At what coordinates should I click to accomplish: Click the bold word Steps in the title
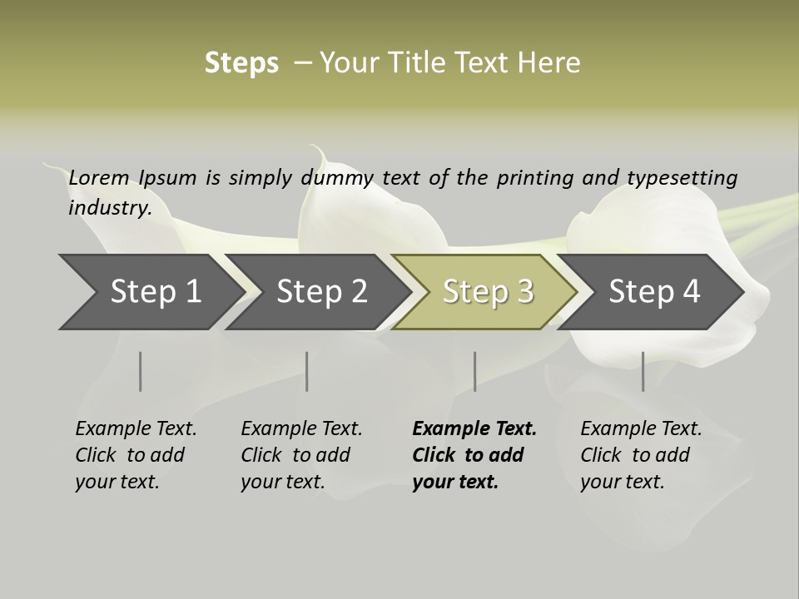click(x=241, y=63)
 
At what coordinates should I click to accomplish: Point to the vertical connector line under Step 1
click(x=141, y=371)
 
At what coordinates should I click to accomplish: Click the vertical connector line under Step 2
click(x=307, y=371)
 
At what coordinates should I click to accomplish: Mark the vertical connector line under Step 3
click(x=474, y=371)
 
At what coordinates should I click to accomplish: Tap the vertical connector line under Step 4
click(x=643, y=371)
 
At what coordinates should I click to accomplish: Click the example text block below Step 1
click(x=136, y=455)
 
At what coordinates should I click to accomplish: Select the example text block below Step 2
click(x=301, y=455)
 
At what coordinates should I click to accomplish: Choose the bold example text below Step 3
click(x=474, y=455)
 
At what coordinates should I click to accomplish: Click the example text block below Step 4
click(x=641, y=455)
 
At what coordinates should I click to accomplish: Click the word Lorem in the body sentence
click(x=99, y=177)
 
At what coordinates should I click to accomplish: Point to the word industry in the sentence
click(x=109, y=207)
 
